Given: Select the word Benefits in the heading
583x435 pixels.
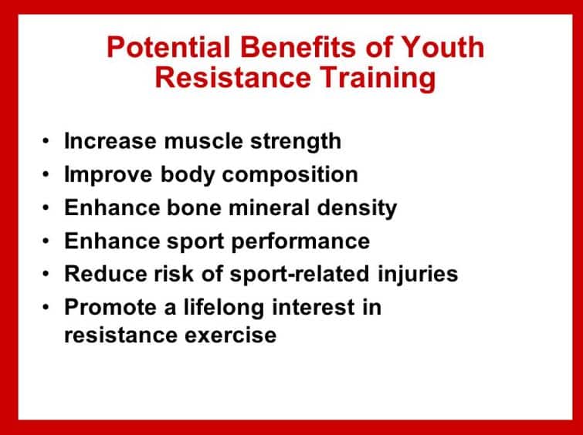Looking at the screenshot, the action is point(298,47).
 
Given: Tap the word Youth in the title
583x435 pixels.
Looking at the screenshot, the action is point(443,47).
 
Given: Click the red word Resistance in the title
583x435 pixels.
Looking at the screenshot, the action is point(232,78).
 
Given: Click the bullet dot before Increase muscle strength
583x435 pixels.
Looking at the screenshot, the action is point(46,141).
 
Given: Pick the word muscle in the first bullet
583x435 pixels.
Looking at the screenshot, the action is point(203,141).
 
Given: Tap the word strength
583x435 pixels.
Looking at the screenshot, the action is point(296,142).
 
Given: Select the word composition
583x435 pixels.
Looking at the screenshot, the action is point(290,175).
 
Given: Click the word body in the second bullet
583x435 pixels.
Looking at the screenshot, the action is point(188,175).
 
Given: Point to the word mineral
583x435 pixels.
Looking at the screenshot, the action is point(269,207).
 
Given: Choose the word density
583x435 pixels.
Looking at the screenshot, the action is point(357,209).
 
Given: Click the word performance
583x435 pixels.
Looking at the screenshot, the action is point(300,242).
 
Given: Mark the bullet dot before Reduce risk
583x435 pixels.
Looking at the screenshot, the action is point(46,274).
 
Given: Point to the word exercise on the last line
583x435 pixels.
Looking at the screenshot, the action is point(231,336).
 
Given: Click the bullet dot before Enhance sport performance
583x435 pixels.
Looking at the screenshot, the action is point(46,241).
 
